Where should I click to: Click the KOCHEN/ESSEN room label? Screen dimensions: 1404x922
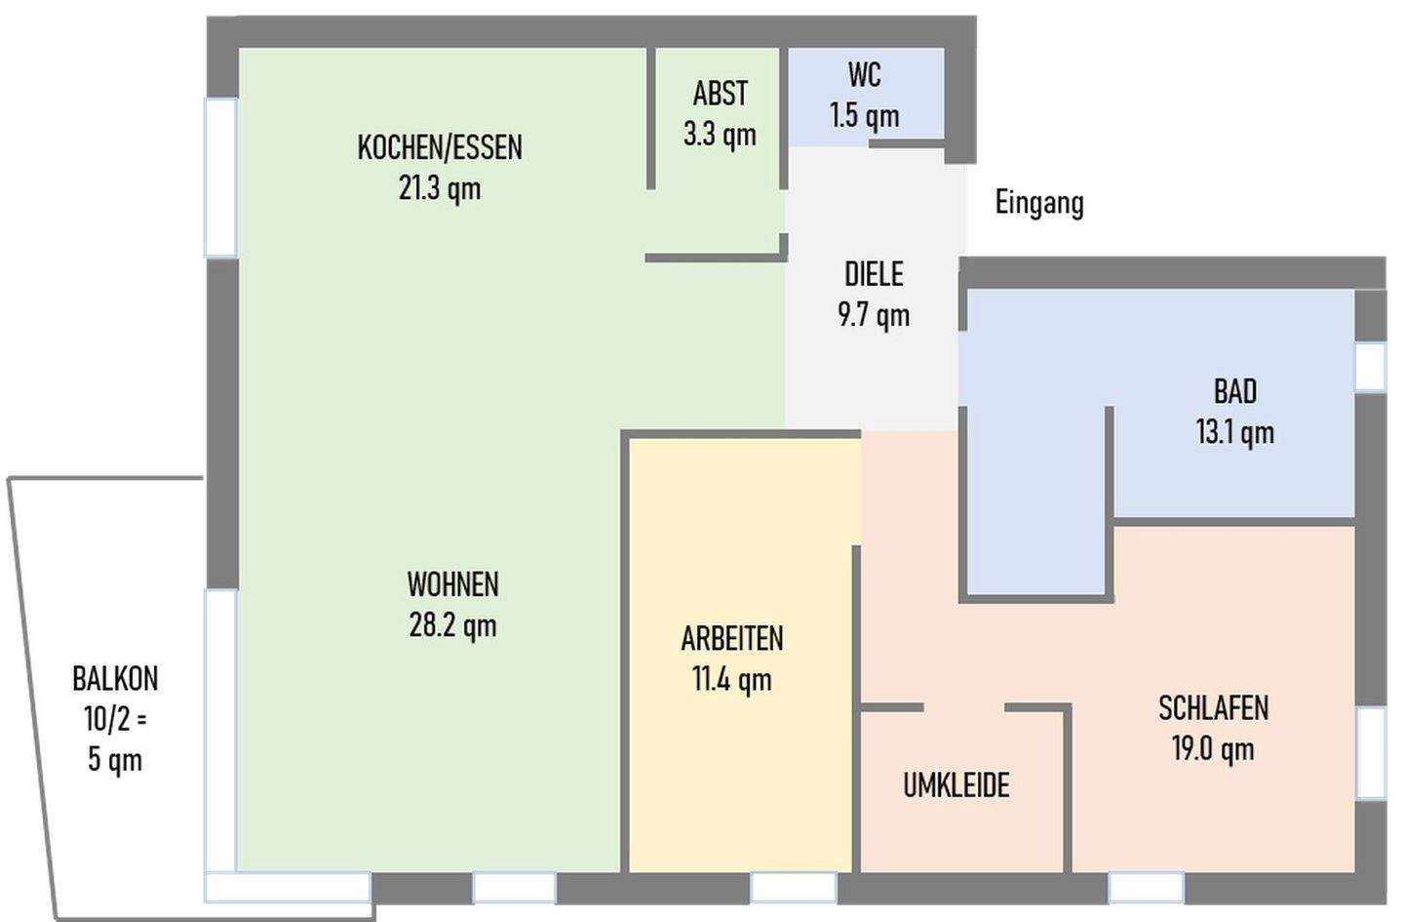[440, 147]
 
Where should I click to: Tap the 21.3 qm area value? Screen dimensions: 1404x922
[440, 188]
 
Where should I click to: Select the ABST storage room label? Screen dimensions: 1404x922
[721, 94]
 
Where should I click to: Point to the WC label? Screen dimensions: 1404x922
[864, 74]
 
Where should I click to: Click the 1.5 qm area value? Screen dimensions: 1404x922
[864, 116]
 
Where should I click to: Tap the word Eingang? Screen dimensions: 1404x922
[1039, 203]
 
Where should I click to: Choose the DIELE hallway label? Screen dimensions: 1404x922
[874, 274]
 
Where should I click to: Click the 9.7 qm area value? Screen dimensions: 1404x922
[874, 315]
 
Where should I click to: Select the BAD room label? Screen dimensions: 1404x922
[1235, 391]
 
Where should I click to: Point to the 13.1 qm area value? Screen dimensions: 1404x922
[1235, 433]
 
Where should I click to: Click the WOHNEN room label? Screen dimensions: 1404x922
[452, 584]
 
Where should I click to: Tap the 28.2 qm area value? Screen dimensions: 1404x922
[452, 625]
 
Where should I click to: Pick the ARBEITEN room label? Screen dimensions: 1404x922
[732, 638]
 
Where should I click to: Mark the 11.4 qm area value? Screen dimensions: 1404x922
[732, 679]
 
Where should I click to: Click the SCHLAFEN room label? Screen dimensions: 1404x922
[1214, 708]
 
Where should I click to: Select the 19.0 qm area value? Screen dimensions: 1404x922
[1214, 749]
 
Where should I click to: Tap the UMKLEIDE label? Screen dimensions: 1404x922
[956, 785]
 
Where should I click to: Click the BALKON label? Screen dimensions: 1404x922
[115, 679]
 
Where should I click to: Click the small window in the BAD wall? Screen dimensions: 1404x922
[1370, 366]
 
